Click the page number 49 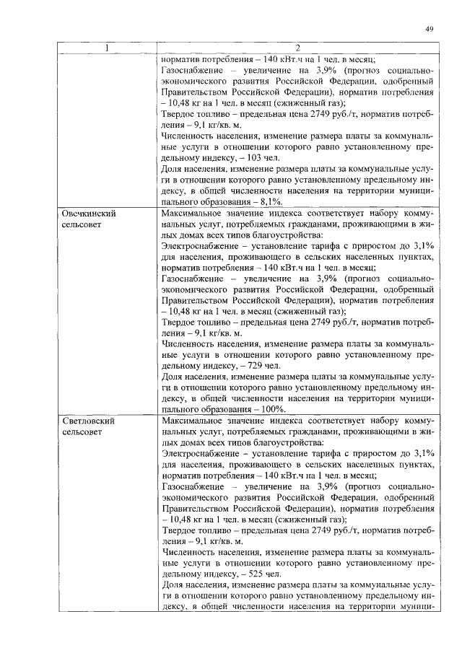(428, 29)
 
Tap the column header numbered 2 (297, 49)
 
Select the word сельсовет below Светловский (82, 431)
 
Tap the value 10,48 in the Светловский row (180, 519)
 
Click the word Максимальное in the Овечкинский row (194, 214)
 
